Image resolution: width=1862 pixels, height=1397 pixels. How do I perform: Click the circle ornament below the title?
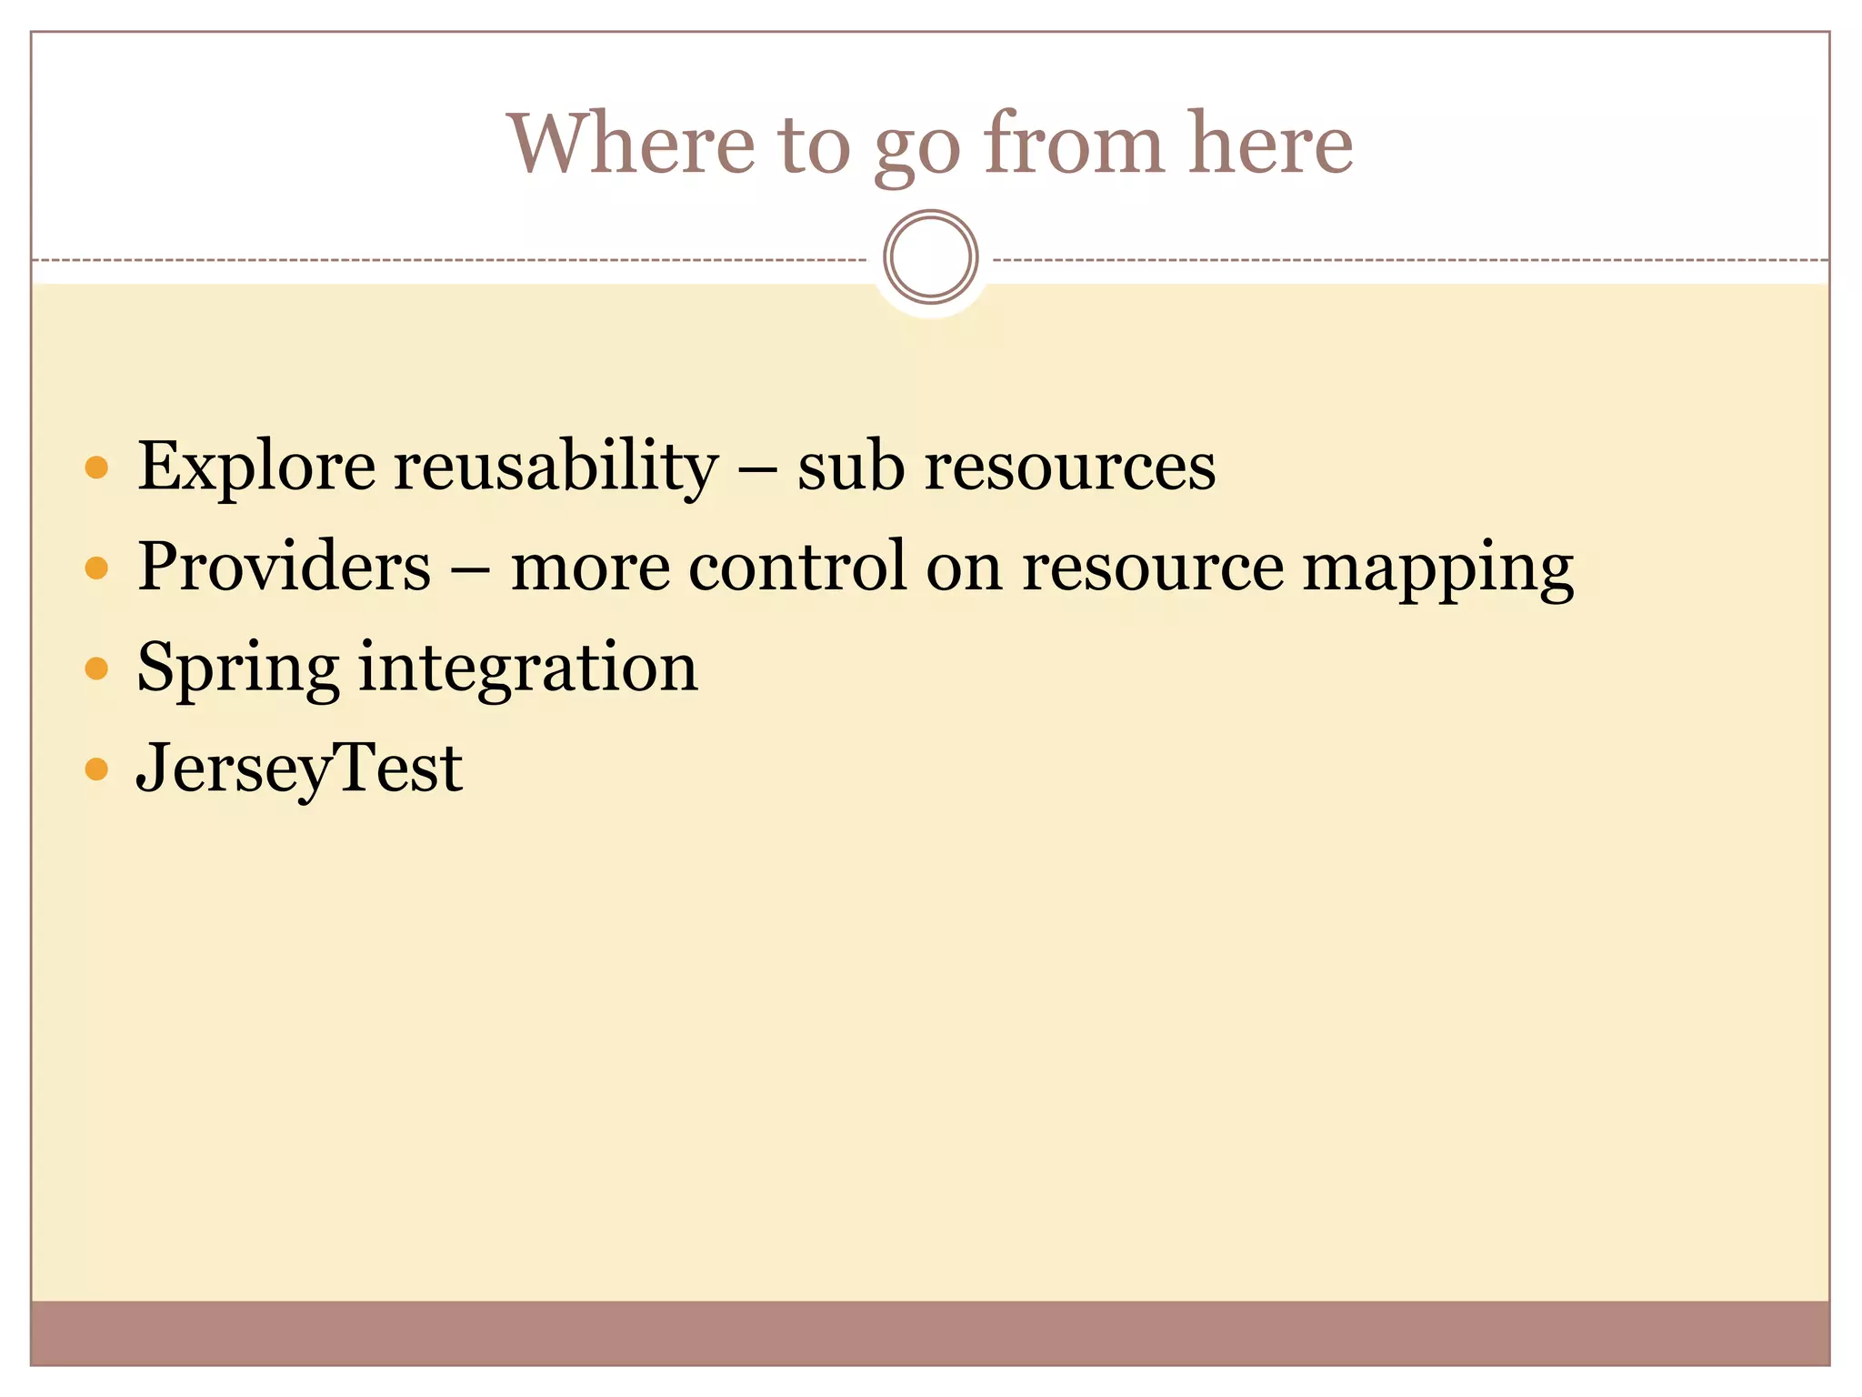tap(930, 256)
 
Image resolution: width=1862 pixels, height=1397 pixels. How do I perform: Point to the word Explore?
tap(255, 467)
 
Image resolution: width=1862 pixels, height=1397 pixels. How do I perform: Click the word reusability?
tap(556, 467)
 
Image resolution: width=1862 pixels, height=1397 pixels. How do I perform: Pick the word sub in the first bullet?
tap(851, 467)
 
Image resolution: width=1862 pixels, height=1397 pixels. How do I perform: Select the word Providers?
tap(284, 567)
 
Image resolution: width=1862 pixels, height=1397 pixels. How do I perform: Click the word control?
tap(797, 567)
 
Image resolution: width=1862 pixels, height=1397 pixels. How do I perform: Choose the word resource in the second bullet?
tap(1153, 568)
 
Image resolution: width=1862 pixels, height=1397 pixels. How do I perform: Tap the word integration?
tap(528, 668)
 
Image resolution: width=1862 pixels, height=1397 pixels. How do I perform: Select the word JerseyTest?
tap(299, 769)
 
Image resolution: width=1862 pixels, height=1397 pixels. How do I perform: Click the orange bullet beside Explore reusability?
tap(96, 468)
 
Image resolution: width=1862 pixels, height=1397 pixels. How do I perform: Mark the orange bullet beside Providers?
tap(96, 568)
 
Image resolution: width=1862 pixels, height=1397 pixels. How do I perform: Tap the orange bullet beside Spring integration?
tap(96, 669)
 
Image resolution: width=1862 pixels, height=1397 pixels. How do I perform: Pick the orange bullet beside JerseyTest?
tap(96, 770)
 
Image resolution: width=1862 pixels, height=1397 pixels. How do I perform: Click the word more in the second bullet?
tap(590, 567)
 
